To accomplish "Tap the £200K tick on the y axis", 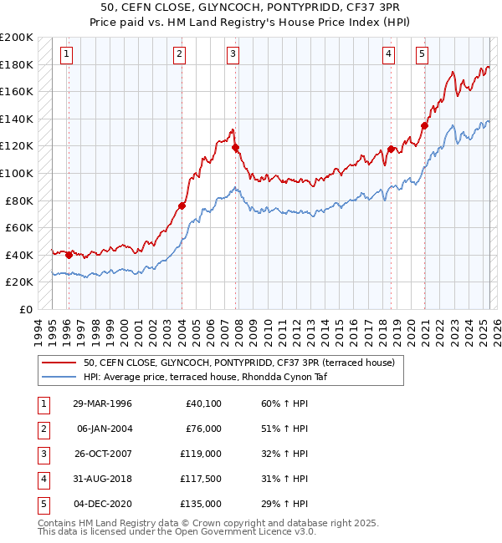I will (x=17, y=38).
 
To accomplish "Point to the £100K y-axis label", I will (x=17, y=173).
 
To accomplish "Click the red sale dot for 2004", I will (x=182, y=206).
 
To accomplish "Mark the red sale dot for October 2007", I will (x=236, y=148).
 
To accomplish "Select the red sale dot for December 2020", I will (x=424, y=126).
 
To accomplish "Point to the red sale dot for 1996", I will (x=69, y=255).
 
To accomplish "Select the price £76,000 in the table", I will (x=202, y=429).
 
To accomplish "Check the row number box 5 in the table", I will (x=41, y=504).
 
